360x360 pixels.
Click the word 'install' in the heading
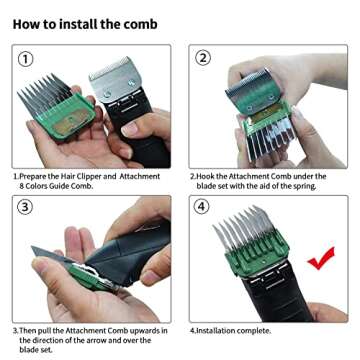point(76,22)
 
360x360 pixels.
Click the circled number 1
point(27,59)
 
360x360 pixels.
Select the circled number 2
point(204,58)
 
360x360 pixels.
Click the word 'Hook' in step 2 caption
point(208,177)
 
